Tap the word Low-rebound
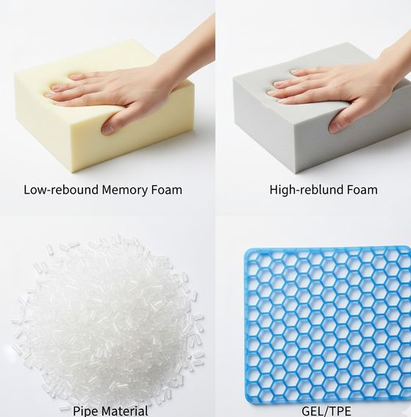tap(61, 190)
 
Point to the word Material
tap(126, 411)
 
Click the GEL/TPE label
tap(326, 411)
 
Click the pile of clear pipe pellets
tap(107, 319)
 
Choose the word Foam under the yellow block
tap(167, 190)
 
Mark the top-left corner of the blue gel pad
tap(245, 250)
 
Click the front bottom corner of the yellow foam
tap(73, 173)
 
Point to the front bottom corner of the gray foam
tap(296, 174)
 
